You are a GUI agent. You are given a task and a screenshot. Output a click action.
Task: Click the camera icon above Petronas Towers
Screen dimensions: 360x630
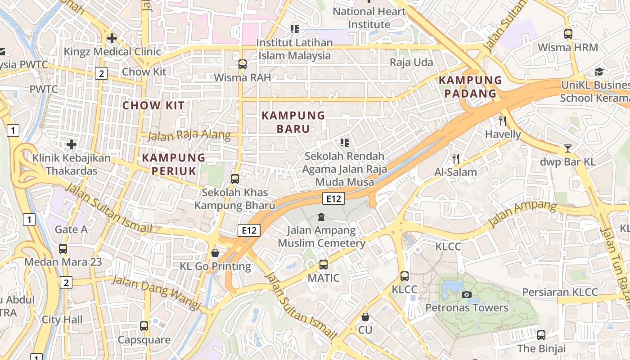(467, 294)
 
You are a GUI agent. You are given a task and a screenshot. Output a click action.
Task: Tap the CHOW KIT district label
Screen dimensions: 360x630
(153, 105)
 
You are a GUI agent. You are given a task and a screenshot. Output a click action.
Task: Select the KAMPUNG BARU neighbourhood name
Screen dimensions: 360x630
(293, 122)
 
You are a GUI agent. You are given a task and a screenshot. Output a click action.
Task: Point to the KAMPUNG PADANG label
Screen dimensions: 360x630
(470, 87)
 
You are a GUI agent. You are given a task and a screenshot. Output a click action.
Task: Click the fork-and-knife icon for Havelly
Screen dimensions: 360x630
(503, 121)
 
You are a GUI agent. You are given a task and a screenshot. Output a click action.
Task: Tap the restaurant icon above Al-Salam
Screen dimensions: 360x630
(456, 158)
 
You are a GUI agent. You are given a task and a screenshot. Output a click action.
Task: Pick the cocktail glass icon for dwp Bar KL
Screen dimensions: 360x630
(568, 148)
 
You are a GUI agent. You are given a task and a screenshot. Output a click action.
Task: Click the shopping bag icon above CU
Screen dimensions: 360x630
(365, 317)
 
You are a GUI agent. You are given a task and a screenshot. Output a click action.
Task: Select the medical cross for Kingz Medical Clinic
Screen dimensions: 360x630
(112, 38)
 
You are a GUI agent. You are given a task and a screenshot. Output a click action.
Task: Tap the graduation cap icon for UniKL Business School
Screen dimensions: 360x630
(599, 72)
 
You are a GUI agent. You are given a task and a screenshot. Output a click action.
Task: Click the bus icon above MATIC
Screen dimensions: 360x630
(324, 264)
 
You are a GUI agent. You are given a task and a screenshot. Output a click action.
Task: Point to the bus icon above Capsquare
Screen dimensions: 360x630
(144, 326)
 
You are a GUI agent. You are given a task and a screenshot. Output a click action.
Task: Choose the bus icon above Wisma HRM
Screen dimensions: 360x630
(568, 34)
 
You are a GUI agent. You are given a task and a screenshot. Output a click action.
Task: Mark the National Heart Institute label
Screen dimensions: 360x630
(369, 18)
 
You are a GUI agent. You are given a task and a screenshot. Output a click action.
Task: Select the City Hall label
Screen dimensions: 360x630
(62, 319)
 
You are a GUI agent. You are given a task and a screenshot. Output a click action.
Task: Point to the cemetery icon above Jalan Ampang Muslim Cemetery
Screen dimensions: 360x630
(321, 217)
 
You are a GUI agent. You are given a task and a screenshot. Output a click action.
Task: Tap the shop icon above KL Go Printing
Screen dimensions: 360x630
(215, 253)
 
